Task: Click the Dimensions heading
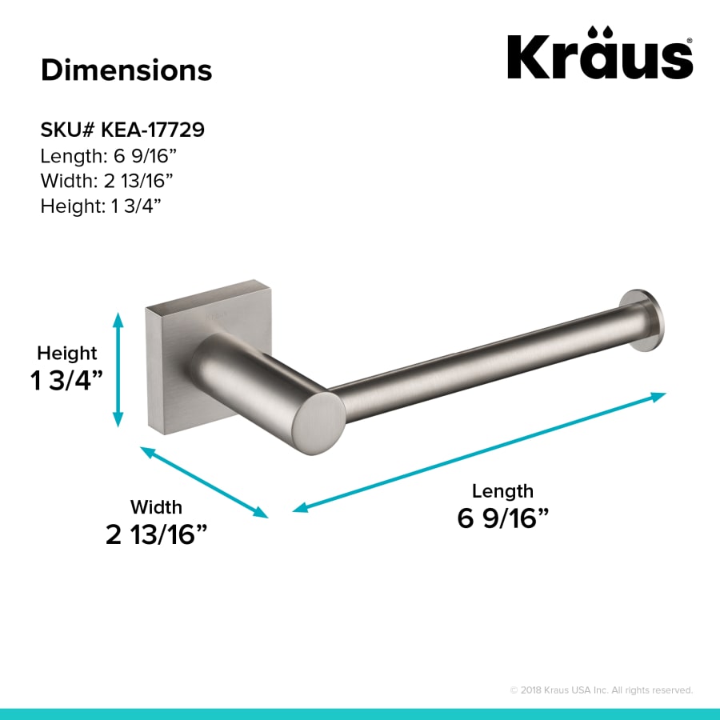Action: coord(126,70)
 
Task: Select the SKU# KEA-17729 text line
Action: coord(122,130)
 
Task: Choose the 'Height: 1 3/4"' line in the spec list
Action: coord(101,206)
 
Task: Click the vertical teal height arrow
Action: coord(118,369)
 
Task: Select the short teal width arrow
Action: coord(204,482)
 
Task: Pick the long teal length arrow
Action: coord(479,452)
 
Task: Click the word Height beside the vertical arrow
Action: coord(67,353)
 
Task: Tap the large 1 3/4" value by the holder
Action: coord(67,381)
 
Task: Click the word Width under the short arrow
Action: coord(156,506)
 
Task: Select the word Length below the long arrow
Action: coord(502,490)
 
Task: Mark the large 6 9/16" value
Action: coord(502,518)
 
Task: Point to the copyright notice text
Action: coord(601,690)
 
